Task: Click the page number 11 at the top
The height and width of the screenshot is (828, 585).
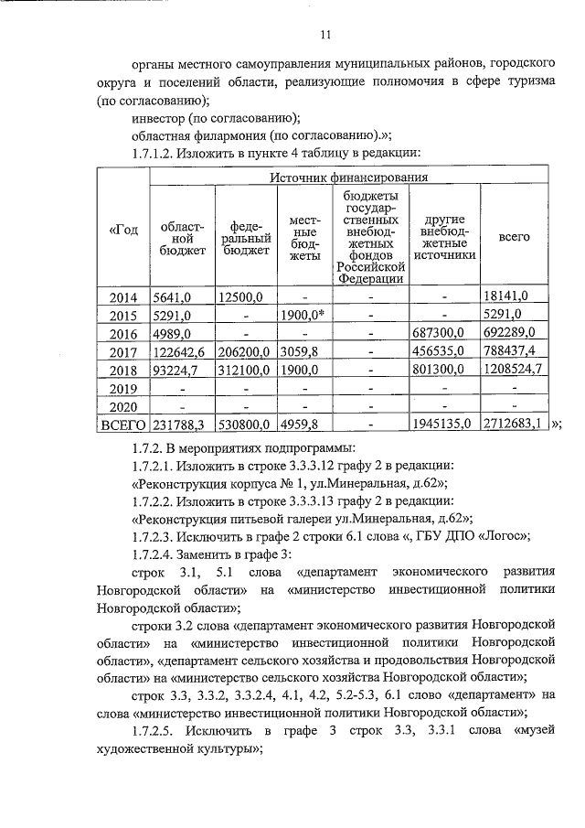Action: tap(325, 36)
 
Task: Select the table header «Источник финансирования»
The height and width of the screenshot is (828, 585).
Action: tap(349, 177)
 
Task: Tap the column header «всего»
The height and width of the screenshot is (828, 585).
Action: tap(514, 236)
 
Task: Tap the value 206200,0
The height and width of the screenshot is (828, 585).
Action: tap(245, 350)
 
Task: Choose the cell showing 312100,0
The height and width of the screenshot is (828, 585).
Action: tap(245, 369)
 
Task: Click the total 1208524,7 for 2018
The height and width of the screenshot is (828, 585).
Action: tap(514, 369)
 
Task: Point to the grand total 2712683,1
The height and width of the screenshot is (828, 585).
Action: tap(514, 424)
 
